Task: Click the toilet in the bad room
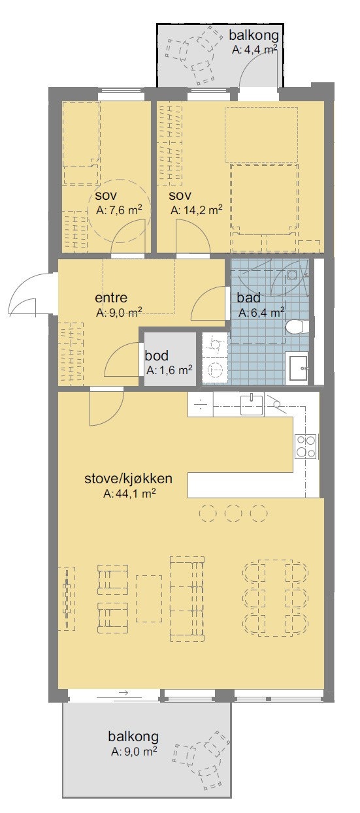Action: pyautogui.click(x=297, y=327)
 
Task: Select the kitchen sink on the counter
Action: pyautogui.click(x=252, y=404)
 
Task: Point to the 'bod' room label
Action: pyautogui.click(x=157, y=356)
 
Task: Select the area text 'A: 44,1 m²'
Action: pyautogui.click(x=129, y=494)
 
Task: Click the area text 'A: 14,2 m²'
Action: pyautogui.click(x=197, y=210)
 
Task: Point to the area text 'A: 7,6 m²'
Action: pyautogui.click(x=120, y=210)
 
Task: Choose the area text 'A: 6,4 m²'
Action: pyautogui.click(x=261, y=313)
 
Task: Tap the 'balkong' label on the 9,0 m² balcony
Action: pyautogui.click(x=133, y=737)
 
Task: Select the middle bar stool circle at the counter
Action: pyautogui.click(x=233, y=513)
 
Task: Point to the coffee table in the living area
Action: pyautogui.click(x=149, y=598)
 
